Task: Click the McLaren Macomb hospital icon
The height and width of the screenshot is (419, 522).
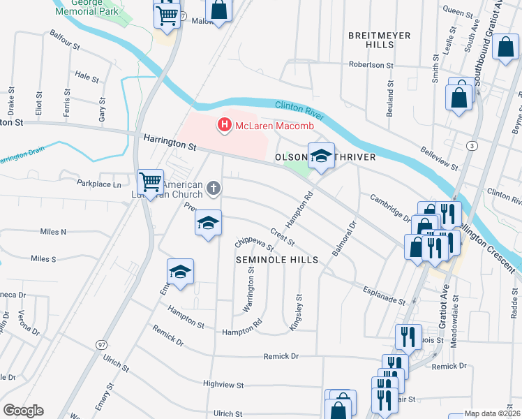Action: (225, 125)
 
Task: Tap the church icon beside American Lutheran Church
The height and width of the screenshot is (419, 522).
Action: (214, 187)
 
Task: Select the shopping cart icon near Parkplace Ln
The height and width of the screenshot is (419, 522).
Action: (150, 183)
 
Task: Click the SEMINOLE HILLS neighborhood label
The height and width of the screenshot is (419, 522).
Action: (276, 259)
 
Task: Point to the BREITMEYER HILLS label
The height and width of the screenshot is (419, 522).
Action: (379, 39)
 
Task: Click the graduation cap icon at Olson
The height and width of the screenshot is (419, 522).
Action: (320, 156)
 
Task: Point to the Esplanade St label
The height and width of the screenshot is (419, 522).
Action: (383, 295)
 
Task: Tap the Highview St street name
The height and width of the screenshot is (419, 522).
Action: (223, 384)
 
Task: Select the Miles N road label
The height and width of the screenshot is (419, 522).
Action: (53, 231)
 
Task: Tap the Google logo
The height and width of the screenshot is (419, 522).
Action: (23, 411)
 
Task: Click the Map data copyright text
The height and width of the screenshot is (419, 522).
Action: (491, 413)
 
